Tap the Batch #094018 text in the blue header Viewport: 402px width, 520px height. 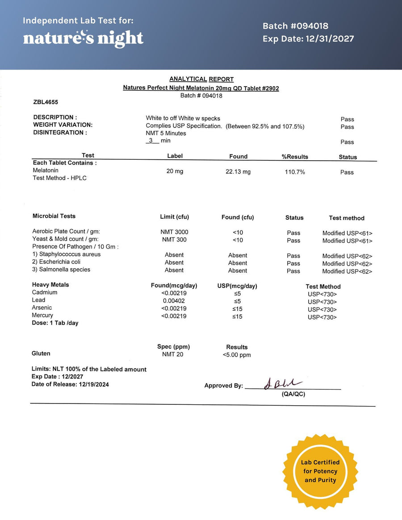click(295, 26)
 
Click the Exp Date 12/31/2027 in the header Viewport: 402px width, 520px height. click(308, 39)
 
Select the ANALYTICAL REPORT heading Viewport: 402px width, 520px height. click(201, 79)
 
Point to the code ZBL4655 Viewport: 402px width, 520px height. click(46, 102)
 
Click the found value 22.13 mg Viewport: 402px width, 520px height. click(238, 172)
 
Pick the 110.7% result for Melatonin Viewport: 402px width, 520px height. click(295, 172)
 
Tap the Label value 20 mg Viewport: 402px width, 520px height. click(175, 171)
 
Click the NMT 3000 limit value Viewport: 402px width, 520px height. click(174, 232)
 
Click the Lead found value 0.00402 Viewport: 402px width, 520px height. click(174, 300)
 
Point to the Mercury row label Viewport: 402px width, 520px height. click(42, 315)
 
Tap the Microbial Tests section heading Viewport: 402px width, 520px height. click(54, 216)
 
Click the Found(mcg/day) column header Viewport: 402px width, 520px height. click(174, 286)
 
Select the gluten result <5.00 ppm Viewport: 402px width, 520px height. click(237, 355)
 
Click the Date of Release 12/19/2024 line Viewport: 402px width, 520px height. click(70, 384)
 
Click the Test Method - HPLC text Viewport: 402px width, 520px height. click(59, 178)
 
